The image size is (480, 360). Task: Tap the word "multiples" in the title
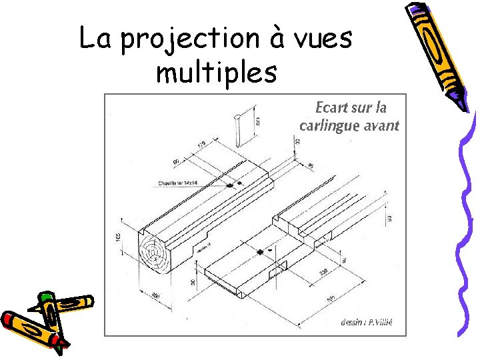(216, 73)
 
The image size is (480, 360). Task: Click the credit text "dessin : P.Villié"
(366, 322)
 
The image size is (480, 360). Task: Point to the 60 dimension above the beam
(177, 161)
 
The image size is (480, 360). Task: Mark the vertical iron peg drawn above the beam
(238, 129)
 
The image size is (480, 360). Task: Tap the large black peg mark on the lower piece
(260, 252)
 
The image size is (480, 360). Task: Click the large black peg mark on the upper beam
(230, 185)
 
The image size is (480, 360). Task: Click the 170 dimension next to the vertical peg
(257, 122)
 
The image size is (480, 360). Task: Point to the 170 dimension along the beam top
(202, 145)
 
